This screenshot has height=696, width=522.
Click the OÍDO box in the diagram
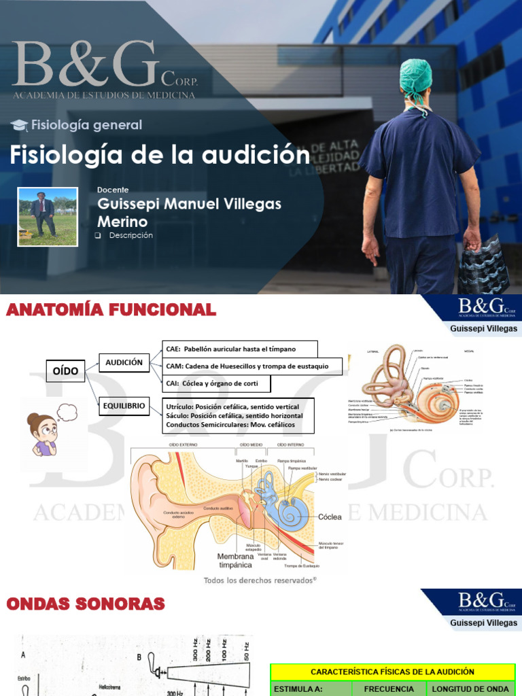click(65, 371)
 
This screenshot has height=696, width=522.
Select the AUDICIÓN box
click(124, 363)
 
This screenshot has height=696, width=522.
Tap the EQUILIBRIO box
click(124, 406)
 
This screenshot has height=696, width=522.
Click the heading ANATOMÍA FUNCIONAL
click(111, 311)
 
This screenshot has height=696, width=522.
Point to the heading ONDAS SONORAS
click(86, 604)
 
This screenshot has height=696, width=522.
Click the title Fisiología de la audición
click(159, 155)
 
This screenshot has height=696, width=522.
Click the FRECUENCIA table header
click(389, 689)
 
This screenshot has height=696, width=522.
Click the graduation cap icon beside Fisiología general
click(20, 125)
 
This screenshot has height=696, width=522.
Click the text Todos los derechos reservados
click(260, 580)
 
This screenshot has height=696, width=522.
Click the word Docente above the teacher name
click(113, 190)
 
